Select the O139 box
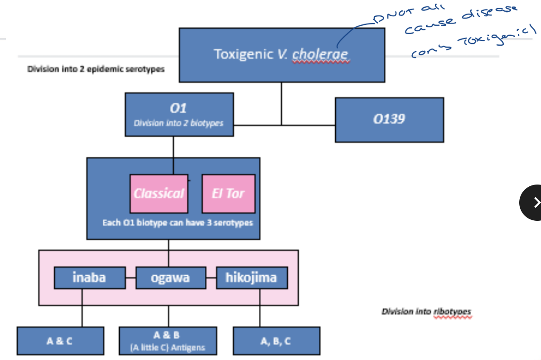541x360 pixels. point(389,119)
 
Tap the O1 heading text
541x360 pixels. point(179,108)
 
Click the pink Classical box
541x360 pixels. point(159,194)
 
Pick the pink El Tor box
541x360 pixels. point(228,194)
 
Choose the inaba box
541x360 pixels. point(89,277)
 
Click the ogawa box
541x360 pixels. point(170,277)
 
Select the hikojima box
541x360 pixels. point(251,277)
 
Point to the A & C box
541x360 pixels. point(60,341)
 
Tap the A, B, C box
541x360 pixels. point(276,341)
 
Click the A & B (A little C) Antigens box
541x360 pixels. point(168,341)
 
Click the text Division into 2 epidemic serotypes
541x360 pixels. point(96,69)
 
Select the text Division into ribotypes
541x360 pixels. point(426,311)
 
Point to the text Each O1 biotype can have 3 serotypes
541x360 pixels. point(177,223)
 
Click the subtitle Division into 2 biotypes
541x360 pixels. point(179,123)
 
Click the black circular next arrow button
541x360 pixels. point(534,202)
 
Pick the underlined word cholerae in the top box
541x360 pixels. point(320,54)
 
